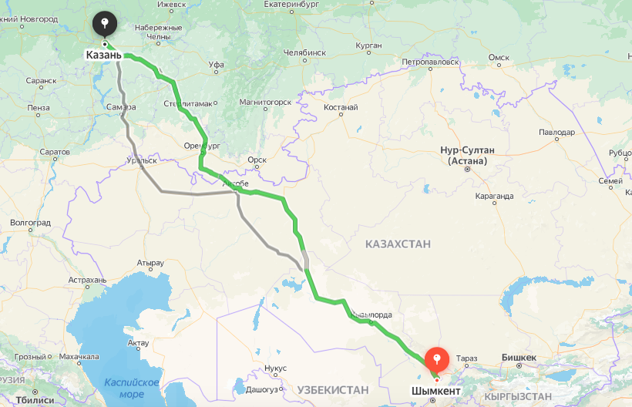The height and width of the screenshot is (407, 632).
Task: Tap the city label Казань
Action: (103, 55)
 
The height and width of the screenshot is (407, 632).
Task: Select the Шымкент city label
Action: (437, 392)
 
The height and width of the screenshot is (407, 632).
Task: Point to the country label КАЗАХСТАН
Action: (398, 244)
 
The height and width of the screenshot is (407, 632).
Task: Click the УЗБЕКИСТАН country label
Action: (334, 390)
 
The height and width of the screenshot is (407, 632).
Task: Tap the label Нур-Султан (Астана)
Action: (467, 155)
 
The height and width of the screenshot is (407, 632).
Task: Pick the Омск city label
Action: (499, 58)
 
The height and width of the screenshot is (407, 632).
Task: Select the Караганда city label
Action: (494, 196)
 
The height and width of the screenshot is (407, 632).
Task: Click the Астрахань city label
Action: (86, 280)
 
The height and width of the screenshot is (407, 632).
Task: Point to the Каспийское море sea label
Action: (132, 388)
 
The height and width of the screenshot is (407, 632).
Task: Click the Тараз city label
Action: (467, 358)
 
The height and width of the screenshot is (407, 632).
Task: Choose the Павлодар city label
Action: (557, 133)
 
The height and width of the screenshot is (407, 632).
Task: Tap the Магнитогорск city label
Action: (265, 102)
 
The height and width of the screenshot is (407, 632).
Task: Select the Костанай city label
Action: (341, 107)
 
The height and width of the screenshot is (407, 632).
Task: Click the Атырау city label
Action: (150, 264)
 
